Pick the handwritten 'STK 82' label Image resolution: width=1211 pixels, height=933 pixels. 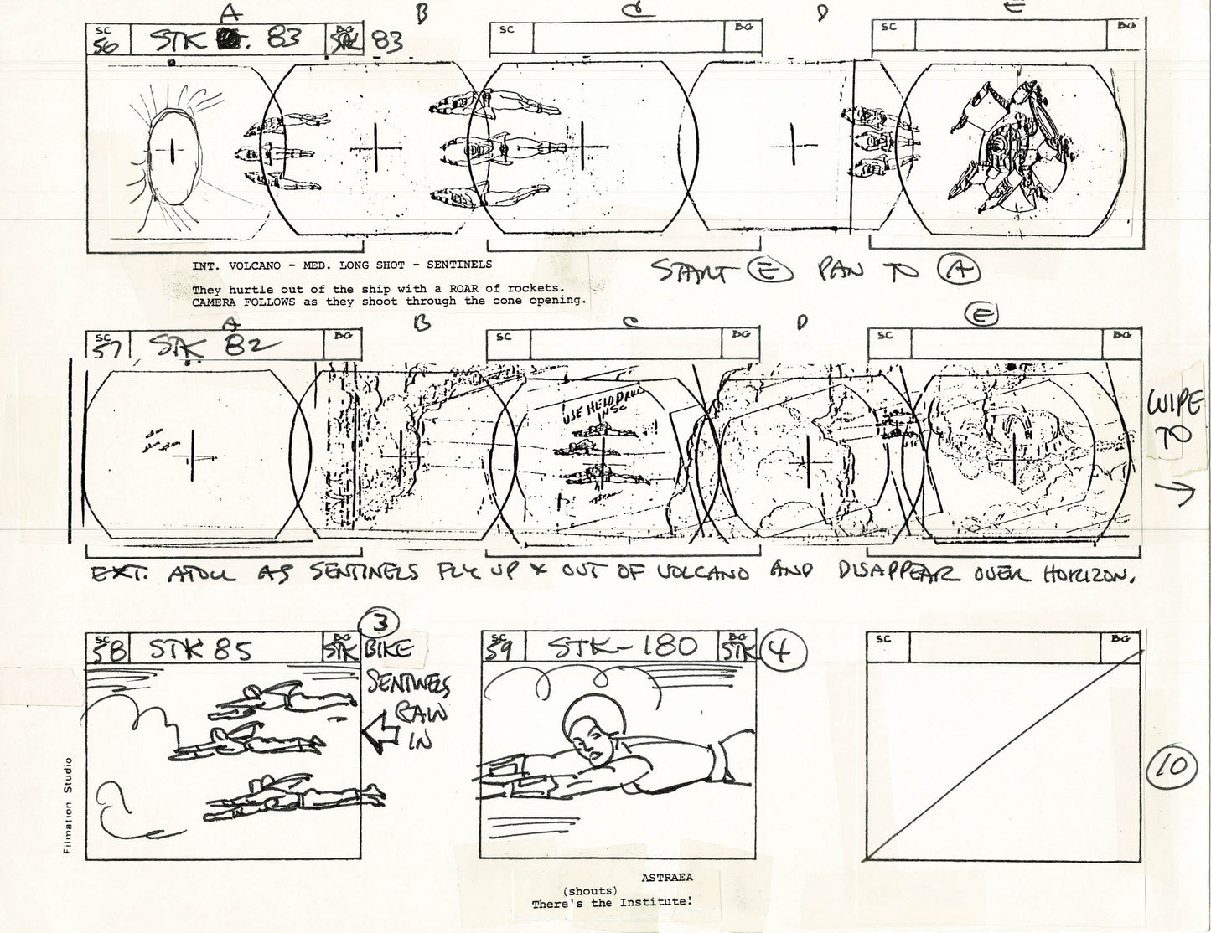(193, 345)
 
